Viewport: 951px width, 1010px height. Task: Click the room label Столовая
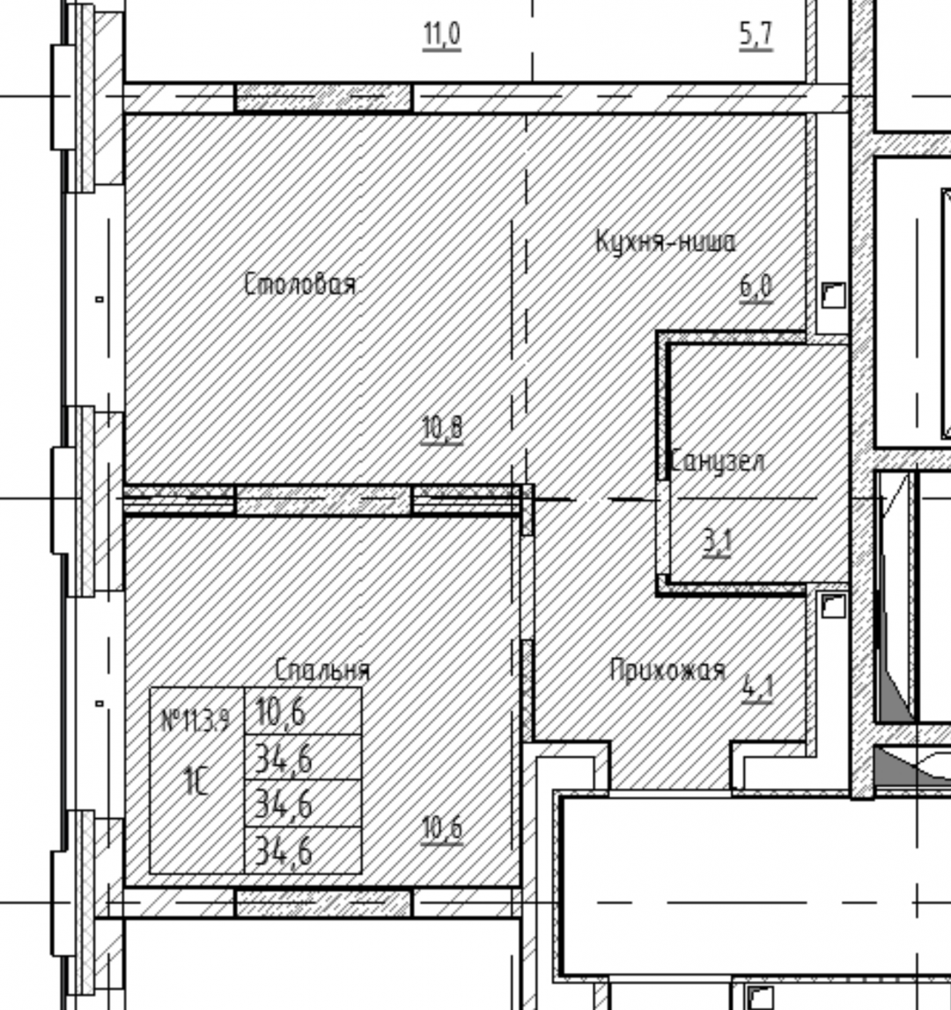pyautogui.click(x=300, y=284)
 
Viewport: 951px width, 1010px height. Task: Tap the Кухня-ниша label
pyautogui.click(x=666, y=242)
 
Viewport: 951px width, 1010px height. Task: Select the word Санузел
pyautogui.click(x=718, y=461)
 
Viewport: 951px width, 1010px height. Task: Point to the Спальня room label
pyautogui.click(x=322, y=670)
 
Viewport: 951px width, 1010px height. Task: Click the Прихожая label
pyautogui.click(x=667, y=670)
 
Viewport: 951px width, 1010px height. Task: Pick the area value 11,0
pyautogui.click(x=442, y=35)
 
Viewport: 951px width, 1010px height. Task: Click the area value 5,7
pyautogui.click(x=756, y=35)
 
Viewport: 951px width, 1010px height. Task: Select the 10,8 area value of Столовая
pyautogui.click(x=442, y=429)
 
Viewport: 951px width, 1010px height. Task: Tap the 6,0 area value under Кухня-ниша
pyautogui.click(x=756, y=287)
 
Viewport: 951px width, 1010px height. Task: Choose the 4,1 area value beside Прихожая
pyautogui.click(x=757, y=689)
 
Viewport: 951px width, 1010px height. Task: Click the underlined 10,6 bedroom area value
pyautogui.click(x=442, y=829)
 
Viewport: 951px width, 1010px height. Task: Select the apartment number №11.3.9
pyautogui.click(x=195, y=721)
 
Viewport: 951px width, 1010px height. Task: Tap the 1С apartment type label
pyautogui.click(x=195, y=781)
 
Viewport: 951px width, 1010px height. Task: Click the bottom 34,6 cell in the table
pyautogui.click(x=284, y=851)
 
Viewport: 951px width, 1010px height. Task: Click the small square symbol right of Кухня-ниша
pyautogui.click(x=833, y=296)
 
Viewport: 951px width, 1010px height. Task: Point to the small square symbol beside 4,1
pyautogui.click(x=833, y=607)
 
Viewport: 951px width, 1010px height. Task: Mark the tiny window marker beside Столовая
pyautogui.click(x=100, y=299)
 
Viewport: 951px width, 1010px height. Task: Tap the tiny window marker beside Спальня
pyautogui.click(x=100, y=704)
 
